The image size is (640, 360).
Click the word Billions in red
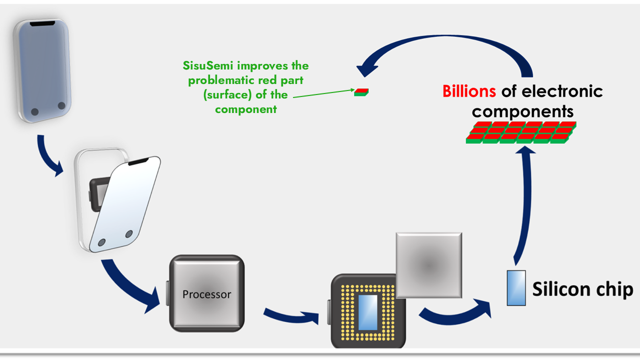coord(469,91)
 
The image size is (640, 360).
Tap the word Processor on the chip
coord(206,294)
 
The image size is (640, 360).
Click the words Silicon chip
coord(582,289)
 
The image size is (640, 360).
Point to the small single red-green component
coord(361,92)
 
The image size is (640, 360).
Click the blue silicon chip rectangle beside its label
coord(516,287)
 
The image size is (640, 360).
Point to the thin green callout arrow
coord(322,93)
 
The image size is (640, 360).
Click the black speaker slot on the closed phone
coord(43,23)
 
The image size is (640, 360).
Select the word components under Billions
coord(522,110)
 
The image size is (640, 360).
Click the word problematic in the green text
coord(222,80)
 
